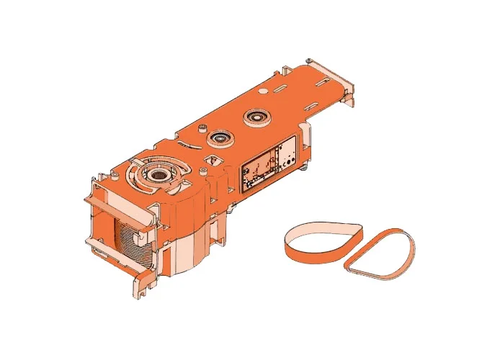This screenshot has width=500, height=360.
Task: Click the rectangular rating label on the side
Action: click(267, 163)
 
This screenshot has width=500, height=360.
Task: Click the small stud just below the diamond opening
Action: click(205, 170)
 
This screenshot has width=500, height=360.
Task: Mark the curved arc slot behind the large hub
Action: click(179, 160)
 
